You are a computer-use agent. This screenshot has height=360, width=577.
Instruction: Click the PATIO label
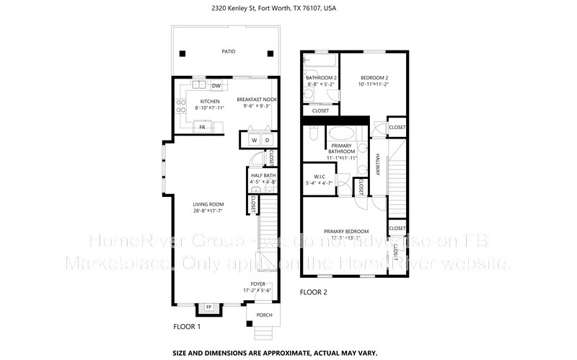[228, 52]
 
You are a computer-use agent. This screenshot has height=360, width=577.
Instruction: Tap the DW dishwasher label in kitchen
[216, 86]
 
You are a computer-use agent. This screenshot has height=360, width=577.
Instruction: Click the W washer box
[254, 140]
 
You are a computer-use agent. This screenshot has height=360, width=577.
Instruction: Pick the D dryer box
[267, 140]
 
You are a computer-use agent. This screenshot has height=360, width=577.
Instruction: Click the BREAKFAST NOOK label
[257, 100]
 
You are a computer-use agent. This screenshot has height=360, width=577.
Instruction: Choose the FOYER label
[260, 284]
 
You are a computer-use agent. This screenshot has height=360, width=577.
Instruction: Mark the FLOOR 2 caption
[314, 292]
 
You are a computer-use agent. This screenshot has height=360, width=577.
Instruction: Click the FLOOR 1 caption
[187, 327]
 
